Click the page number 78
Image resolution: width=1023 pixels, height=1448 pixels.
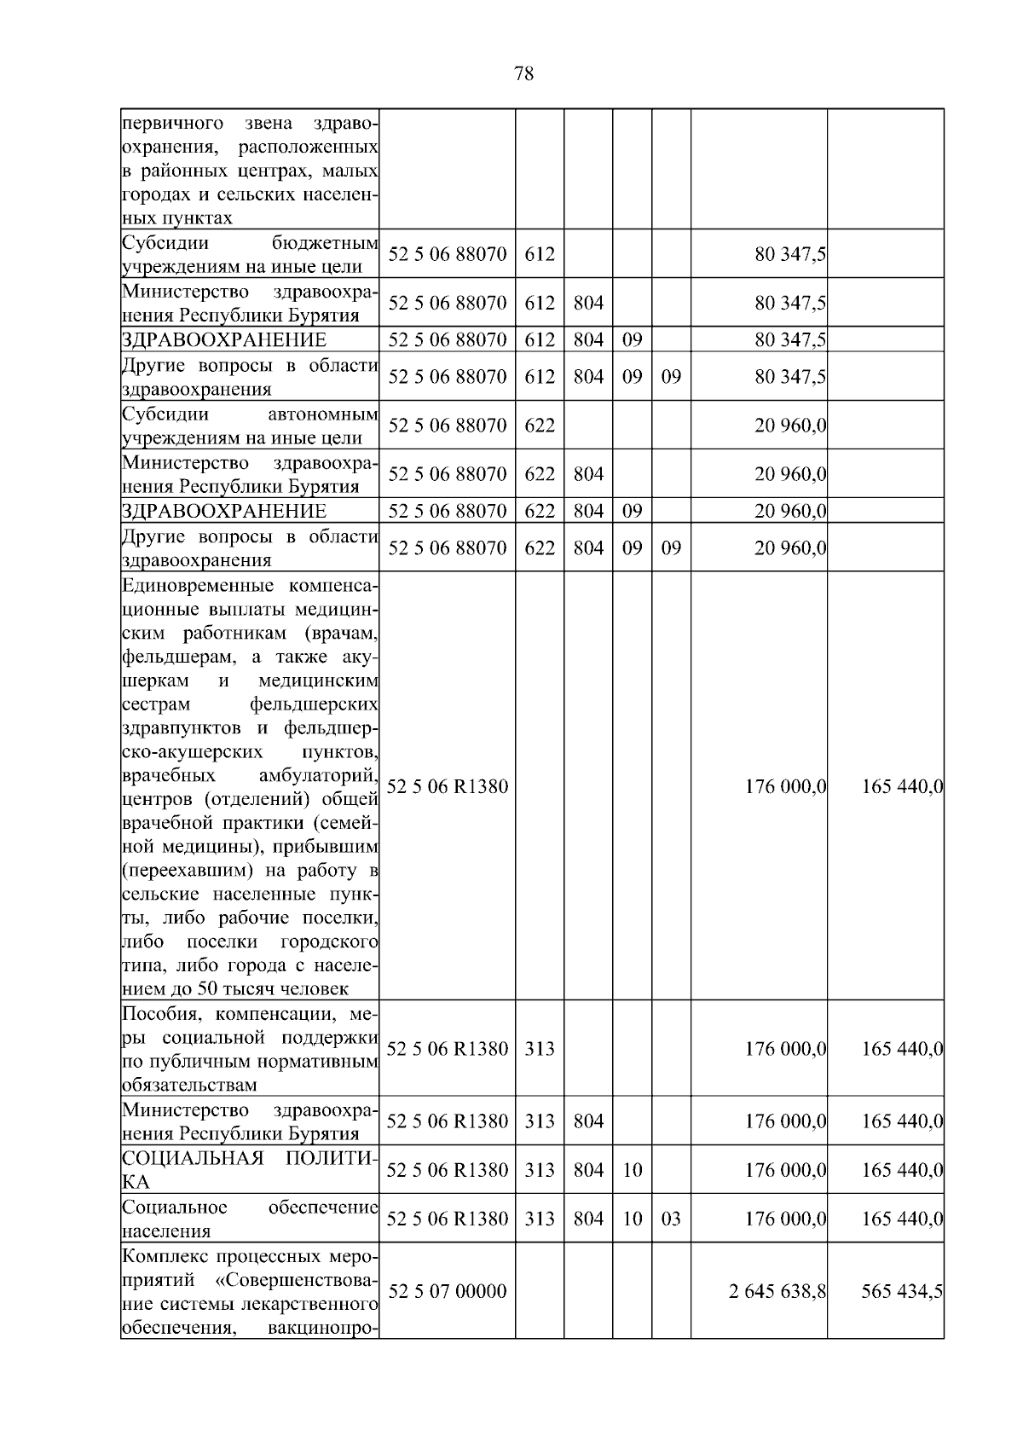tap(524, 74)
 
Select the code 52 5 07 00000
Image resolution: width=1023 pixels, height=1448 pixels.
tap(447, 1291)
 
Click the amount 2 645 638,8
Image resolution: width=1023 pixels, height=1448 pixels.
tap(777, 1291)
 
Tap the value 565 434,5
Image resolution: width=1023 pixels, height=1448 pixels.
tap(902, 1291)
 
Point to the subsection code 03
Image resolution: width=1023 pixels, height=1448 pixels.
tap(671, 1219)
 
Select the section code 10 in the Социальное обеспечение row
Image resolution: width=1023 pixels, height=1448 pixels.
tap(632, 1219)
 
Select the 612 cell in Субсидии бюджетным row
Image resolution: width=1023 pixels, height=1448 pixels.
tap(539, 254)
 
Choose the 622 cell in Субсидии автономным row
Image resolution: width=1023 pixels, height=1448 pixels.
tap(539, 426)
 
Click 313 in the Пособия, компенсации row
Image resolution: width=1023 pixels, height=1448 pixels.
tap(539, 1049)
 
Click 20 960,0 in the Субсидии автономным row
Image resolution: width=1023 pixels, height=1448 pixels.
tap(790, 426)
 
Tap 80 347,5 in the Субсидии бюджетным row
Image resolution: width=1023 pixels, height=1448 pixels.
tap(790, 254)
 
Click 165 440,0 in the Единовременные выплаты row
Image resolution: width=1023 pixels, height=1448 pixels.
tap(902, 786)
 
